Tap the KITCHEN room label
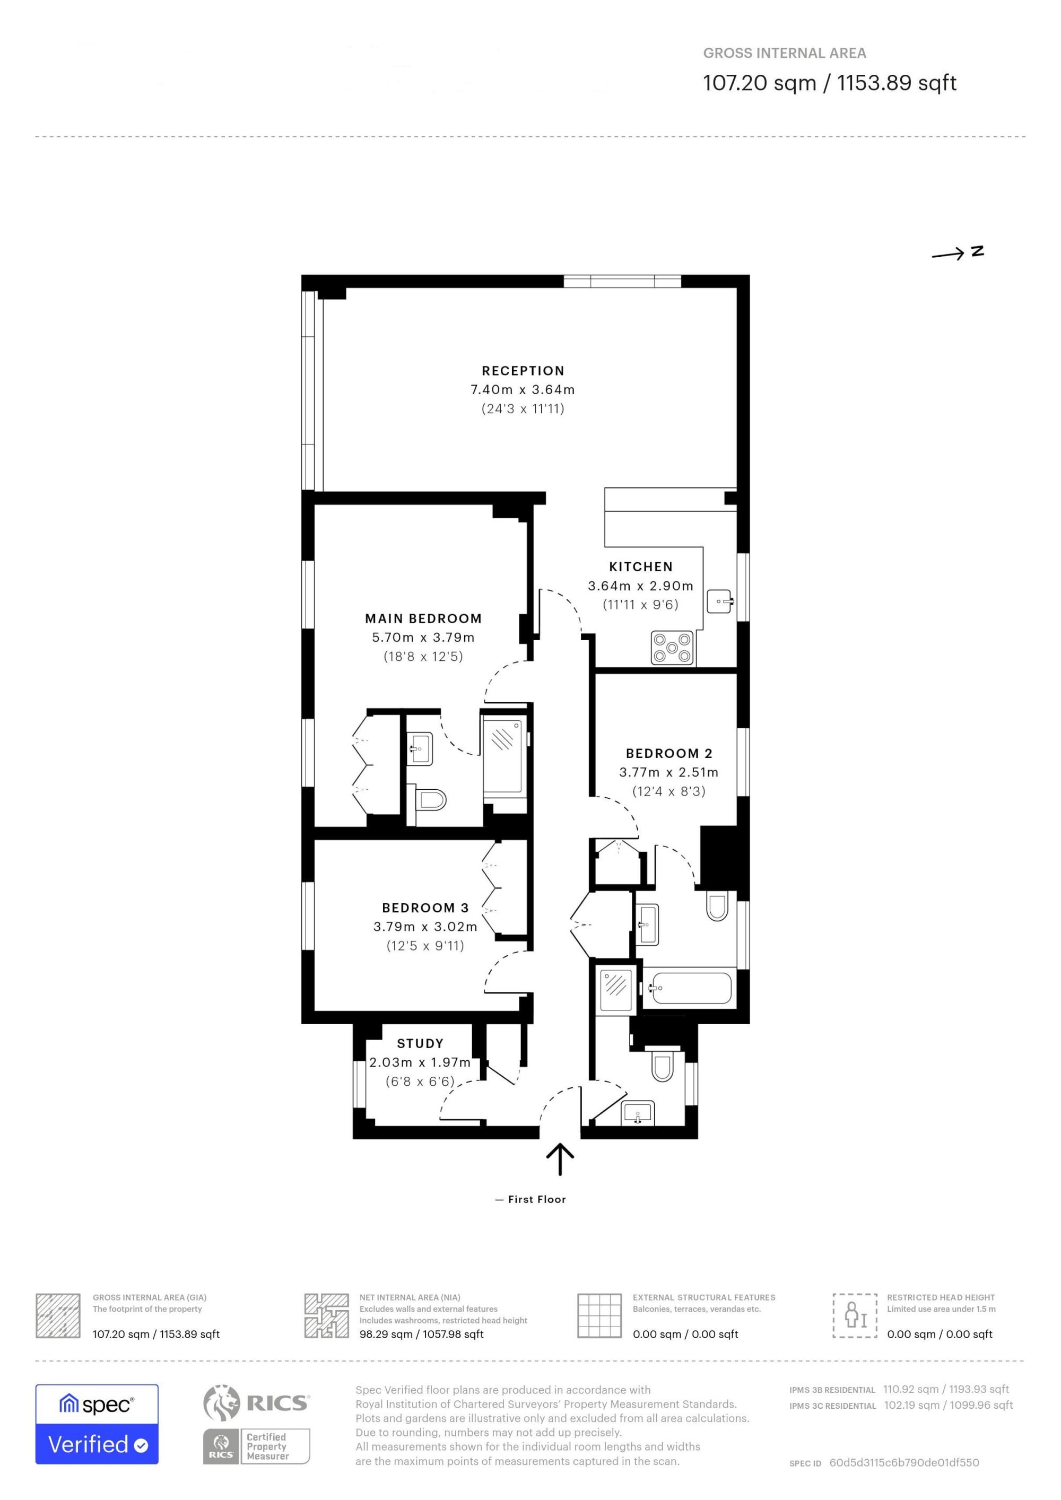coord(640,567)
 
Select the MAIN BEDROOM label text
coord(423,618)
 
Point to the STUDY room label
coord(420,1043)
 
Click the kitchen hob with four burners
coord(672,648)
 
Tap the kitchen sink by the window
coord(720,601)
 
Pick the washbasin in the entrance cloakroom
coord(638,1113)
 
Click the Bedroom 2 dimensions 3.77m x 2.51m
coord(668,772)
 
